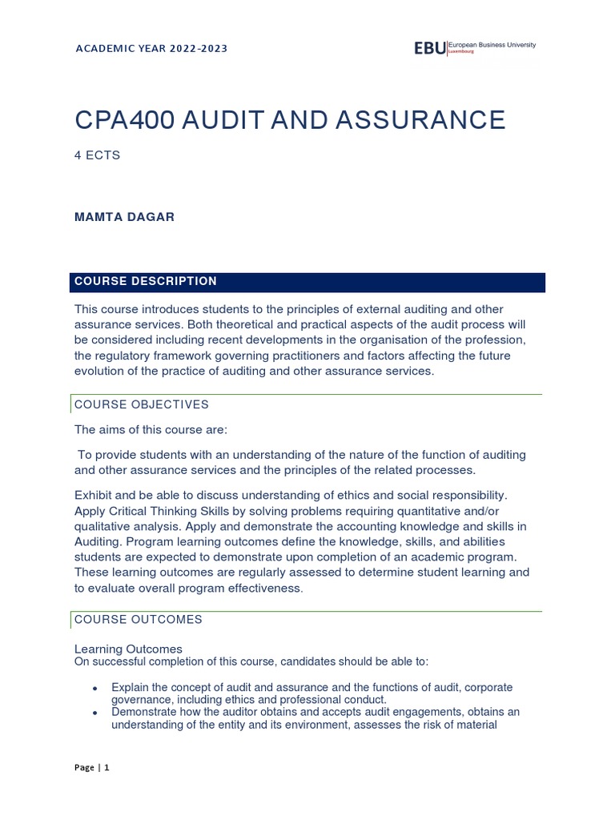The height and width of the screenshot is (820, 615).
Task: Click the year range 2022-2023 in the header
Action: pos(198,49)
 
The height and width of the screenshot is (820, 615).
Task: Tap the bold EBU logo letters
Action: pos(428,49)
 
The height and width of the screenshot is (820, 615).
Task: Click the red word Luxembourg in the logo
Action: pos(463,51)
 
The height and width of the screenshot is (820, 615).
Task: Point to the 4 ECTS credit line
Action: pos(97,155)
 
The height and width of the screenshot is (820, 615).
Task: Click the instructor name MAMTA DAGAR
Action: pos(124,218)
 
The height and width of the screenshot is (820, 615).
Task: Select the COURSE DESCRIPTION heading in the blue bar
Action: pos(145,281)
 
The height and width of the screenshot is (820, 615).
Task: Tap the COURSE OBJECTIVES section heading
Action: pos(141,404)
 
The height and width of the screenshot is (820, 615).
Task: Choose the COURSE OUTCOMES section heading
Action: pos(138,619)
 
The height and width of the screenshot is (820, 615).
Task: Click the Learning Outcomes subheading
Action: pos(128,649)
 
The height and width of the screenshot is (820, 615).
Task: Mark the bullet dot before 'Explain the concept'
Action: pos(95,689)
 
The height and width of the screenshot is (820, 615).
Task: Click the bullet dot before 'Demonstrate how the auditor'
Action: pos(95,713)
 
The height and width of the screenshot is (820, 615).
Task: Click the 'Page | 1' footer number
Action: pos(92,767)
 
